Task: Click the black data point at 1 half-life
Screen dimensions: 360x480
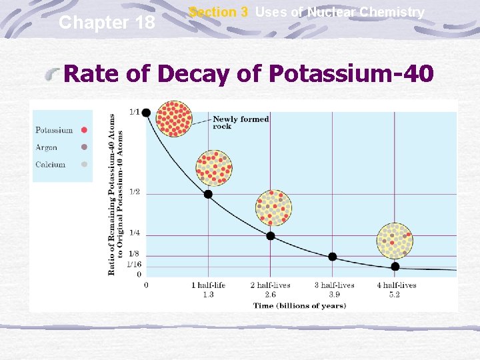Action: click(x=208, y=194)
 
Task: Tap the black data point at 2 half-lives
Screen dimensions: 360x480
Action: click(x=271, y=236)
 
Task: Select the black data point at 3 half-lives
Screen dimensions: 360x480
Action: click(x=333, y=257)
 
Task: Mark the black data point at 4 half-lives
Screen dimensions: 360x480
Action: click(x=395, y=267)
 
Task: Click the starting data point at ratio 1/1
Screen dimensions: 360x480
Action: click(x=146, y=112)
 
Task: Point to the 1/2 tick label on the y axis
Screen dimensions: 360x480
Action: click(x=134, y=192)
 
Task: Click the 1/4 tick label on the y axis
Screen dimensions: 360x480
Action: click(x=134, y=233)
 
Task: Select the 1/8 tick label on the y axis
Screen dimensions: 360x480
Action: click(x=134, y=254)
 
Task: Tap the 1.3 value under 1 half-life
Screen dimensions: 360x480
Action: click(x=208, y=295)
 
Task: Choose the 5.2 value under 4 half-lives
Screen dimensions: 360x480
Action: click(x=395, y=295)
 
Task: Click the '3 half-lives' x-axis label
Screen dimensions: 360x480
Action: click(x=335, y=285)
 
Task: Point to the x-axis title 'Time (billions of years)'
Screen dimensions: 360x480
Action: click(x=299, y=306)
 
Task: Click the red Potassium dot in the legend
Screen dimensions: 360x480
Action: click(x=84, y=130)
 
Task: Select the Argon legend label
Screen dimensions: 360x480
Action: click(x=47, y=147)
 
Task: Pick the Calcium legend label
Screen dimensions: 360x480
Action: click(x=51, y=165)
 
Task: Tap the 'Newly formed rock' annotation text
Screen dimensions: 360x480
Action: click(x=241, y=123)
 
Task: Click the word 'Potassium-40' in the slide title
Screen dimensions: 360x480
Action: click(x=351, y=74)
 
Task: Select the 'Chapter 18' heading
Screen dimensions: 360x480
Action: click(x=107, y=23)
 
